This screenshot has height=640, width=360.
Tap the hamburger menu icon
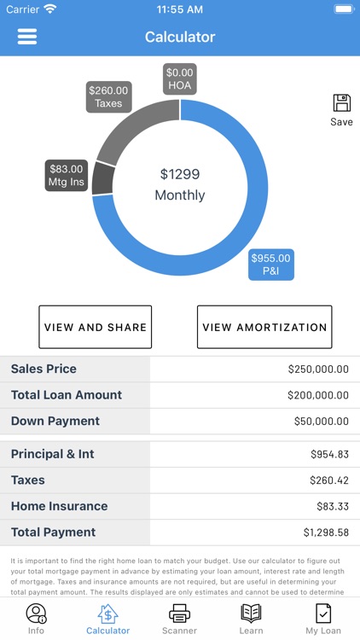(x=27, y=37)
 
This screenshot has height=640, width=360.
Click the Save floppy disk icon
(x=341, y=103)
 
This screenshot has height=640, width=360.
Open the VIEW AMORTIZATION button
(x=264, y=327)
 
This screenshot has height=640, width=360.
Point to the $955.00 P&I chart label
(x=270, y=265)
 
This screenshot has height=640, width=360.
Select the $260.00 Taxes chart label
(x=108, y=96)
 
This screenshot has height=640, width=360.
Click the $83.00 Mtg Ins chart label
(x=67, y=175)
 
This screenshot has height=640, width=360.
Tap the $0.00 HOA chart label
(x=180, y=79)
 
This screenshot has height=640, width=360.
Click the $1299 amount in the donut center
(x=180, y=174)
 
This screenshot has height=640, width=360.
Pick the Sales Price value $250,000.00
(x=318, y=369)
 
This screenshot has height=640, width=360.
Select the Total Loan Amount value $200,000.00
(x=318, y=395)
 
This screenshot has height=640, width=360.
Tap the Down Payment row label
(x=55, y=421)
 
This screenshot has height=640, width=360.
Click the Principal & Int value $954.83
(x=329, y=455)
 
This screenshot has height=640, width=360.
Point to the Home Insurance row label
(x=59, y=506)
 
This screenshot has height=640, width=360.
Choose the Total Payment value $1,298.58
(x=326, y=532)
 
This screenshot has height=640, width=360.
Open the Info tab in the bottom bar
(x=36, y=618)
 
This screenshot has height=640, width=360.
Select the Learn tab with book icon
(x=251, y=618)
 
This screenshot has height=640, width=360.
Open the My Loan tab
(x=323, y=618)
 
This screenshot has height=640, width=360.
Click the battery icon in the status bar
(x=343, y=9)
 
